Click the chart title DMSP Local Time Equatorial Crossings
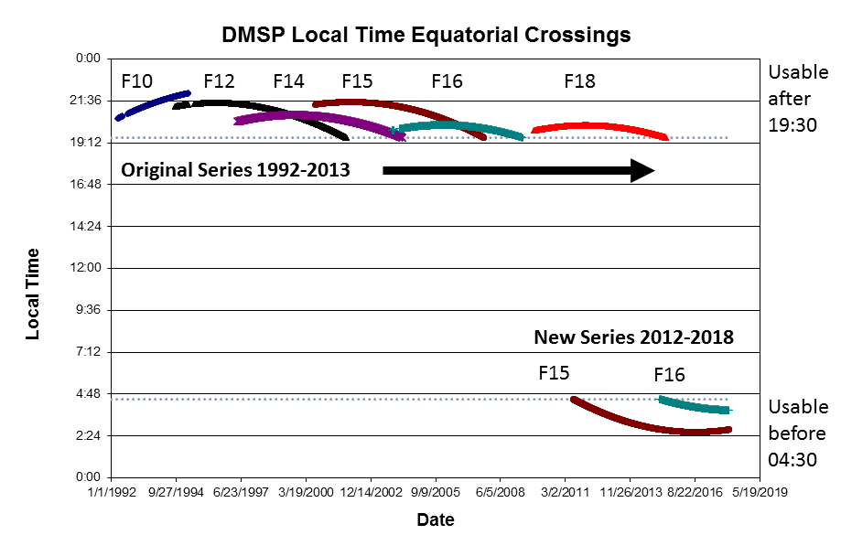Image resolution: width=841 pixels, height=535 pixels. pyautogui.click(x=426, y=36)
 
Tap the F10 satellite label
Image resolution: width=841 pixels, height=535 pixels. pyautogui.click(x=137, y=81)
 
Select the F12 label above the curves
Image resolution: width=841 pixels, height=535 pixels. pyautogui.click(x=220, y=81)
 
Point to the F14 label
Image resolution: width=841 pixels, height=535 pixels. pyautogui.click(x=288, y=81)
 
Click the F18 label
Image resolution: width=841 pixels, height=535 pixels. pyautogui.click(x=579, y=81)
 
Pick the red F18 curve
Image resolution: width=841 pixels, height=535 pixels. pyautogui.click(x=599, y=127)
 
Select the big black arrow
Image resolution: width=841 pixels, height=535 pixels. pyautogui.click(x=518, y=170)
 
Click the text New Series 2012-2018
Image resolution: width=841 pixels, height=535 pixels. pyautogui.click(x=633, y=337)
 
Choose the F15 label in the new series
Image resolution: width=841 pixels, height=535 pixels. pyautogui.click(x=554, y=373)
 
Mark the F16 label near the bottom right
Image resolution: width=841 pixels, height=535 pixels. pyautogui.click(x=669, y=375)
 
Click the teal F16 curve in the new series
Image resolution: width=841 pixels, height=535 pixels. pyautogui.click(x=695, y=405)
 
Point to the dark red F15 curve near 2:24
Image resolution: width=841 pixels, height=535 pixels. pyautogui.click(x=659, y=427)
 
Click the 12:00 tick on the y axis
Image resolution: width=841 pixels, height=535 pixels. pyautogui.click(x=91, y=268)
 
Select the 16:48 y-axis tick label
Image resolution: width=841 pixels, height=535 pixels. pyautogui.click(x=91, y=185)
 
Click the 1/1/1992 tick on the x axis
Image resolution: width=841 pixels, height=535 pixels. pyautogui.click(x=113, y=491)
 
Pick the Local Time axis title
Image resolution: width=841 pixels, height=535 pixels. pyautogui.click(x=33, y=294)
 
